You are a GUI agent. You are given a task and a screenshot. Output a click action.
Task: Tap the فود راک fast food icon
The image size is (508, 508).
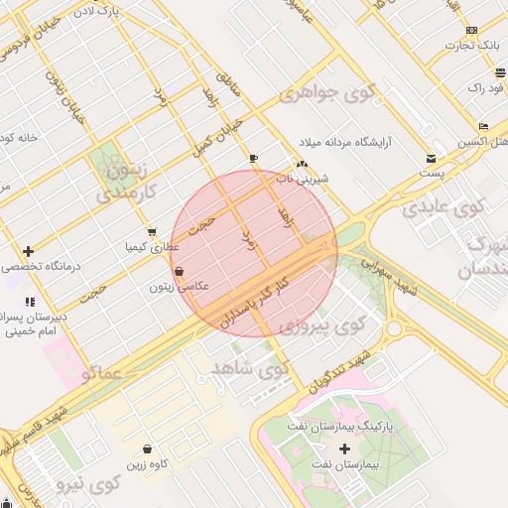497,72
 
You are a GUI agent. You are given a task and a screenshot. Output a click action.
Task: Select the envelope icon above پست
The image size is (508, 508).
430,159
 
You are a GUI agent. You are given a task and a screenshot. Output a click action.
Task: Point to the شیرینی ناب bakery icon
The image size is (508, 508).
302,164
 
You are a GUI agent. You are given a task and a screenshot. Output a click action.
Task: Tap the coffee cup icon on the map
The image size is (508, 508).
254,158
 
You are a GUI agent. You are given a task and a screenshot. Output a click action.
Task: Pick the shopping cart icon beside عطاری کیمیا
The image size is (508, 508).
151,232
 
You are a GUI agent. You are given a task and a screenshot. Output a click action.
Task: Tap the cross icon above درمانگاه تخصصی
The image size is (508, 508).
28,251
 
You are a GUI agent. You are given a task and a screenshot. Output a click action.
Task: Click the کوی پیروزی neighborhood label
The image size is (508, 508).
321,324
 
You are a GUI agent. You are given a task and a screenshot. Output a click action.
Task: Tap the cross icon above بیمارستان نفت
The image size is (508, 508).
345,449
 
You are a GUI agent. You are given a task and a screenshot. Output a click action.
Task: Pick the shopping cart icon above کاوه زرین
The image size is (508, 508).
147,449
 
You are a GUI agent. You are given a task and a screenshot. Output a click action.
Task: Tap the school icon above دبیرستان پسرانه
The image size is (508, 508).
29,301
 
